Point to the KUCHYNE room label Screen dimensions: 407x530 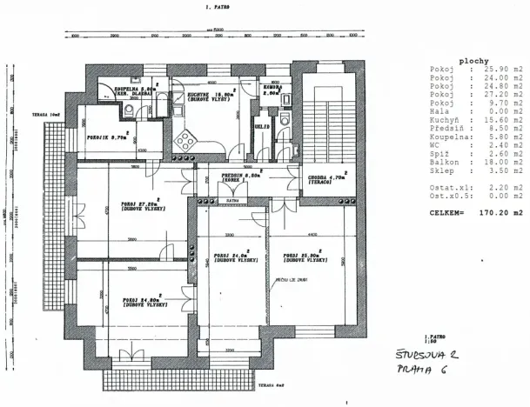point(207,96)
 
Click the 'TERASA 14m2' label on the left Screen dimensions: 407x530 point(44,113)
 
